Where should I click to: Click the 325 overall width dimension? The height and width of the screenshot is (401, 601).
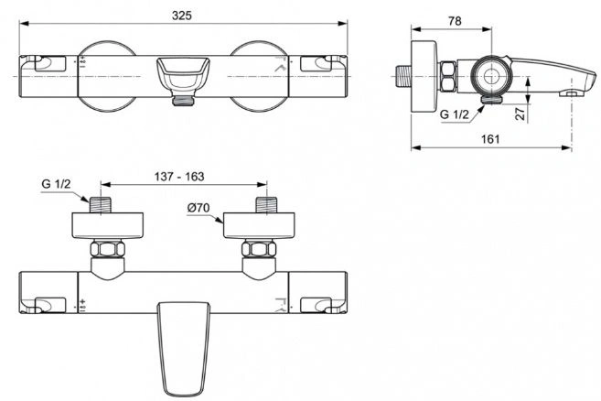[182, 16]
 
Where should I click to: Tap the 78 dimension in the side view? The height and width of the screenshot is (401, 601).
[455, 21]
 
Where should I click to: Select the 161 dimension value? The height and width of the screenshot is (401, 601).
[490, 139]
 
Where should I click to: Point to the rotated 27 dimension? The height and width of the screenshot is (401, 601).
[521, 114]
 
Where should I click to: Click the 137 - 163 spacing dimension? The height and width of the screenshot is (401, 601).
[179, 177]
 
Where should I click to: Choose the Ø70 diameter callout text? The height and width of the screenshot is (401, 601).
[199, 208]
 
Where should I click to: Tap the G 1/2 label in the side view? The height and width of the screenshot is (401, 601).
[455, 114]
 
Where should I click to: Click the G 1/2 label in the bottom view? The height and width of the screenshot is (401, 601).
[56, 184]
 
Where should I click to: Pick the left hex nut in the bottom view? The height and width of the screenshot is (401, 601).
[108, 249]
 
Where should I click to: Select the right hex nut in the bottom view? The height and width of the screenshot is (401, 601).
[259, 249]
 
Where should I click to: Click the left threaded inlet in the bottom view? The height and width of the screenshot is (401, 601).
[101, 205]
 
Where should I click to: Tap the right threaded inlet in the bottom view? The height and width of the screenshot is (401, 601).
[266, 205]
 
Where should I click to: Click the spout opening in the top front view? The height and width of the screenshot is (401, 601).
[183, 73]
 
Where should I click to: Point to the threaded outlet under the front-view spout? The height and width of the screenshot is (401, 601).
[183, 101]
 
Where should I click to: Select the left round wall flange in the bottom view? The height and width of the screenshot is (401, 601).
[108, 225]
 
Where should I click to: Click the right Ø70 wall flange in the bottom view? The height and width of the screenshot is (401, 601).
[259, 225]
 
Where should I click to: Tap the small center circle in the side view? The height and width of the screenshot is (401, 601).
[491, 76]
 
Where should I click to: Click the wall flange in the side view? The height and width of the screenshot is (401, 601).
[424, 76]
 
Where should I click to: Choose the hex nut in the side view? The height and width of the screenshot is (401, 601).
[448, 77]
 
